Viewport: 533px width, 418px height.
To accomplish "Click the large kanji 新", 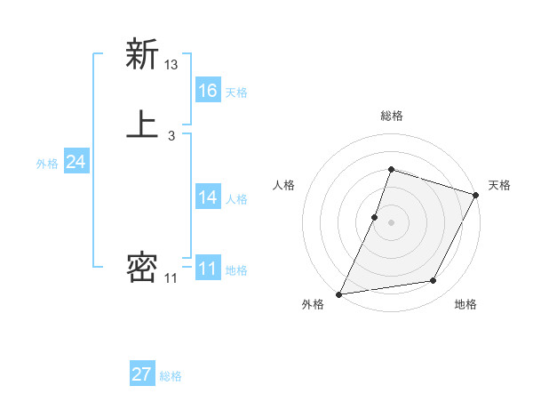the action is tap(142, 54).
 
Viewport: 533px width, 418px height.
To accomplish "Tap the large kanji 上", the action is tap(142, 124).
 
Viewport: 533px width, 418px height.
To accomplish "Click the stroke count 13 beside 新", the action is tap(171, 65).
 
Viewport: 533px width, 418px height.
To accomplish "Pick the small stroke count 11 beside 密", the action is tap(171, 278).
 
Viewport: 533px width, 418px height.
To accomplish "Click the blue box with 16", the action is tap(208, 91).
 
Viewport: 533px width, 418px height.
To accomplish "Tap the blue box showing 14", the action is tap(208, 197).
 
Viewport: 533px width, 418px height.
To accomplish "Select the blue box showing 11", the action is tap(208, 269).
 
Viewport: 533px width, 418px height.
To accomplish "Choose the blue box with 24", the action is tap(76, 162).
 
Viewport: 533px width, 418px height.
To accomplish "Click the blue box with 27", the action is tap(142, 374).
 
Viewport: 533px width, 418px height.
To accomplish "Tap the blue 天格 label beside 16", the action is tap(236, 92).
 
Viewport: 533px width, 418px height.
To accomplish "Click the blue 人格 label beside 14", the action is tap(236, 199).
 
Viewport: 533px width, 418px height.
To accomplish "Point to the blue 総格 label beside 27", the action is tap(171, 376).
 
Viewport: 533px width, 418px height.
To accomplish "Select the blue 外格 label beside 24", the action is tap(47, 164).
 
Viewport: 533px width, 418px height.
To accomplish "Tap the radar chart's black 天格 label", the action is tap(499, 185).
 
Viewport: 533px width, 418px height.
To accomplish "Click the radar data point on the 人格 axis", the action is tap(375, 216).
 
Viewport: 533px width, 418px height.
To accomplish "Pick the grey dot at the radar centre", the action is tap(391, 221).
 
